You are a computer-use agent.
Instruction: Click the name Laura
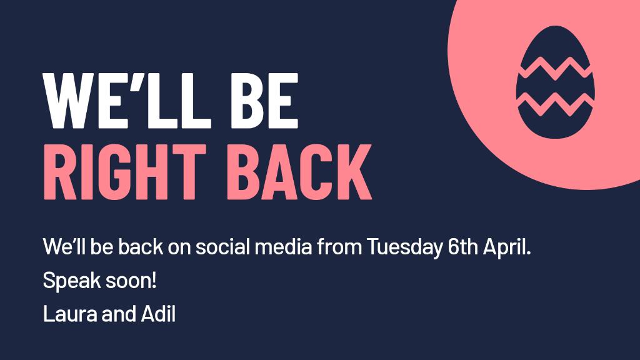66,314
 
